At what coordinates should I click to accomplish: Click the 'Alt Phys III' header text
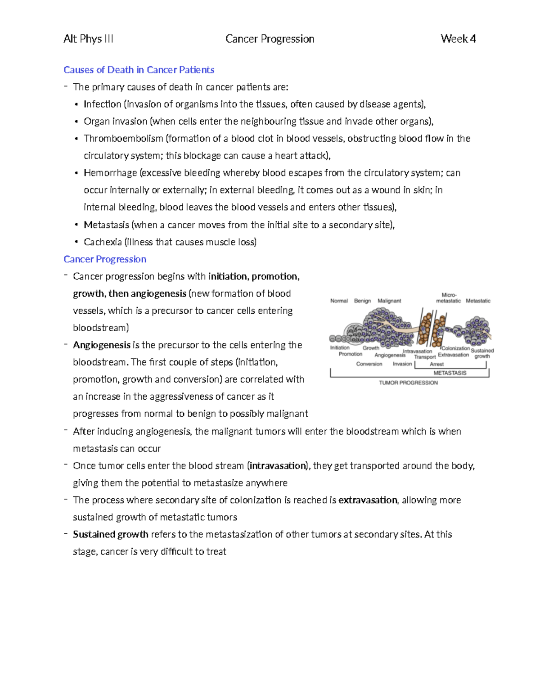point(88,39)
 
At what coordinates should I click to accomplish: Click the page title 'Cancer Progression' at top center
point(270,39)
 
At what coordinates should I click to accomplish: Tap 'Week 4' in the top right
point(458,39)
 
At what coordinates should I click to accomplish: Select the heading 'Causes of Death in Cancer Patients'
point(139,70)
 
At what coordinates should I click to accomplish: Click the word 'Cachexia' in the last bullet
point(103,242)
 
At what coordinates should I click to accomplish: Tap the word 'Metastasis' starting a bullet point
point(106,225)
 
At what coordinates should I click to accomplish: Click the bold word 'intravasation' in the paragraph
point(278,466)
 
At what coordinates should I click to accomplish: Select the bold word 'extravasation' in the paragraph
point(368,500)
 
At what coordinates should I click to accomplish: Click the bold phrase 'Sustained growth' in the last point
point(111,534)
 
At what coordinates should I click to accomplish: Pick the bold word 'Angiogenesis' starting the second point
point(102,345)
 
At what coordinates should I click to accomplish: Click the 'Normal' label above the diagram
point(339,301)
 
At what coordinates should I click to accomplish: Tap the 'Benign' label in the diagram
point(362,301)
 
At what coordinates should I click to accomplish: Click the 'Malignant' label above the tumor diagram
point(389,301)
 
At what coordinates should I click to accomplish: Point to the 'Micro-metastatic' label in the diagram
point(448,298)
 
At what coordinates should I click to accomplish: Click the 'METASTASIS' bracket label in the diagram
point(450,373)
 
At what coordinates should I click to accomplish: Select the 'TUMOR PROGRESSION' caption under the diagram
point(408,383)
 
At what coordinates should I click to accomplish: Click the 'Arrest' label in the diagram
point(436,364)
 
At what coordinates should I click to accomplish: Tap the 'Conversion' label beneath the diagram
point(369,364)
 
